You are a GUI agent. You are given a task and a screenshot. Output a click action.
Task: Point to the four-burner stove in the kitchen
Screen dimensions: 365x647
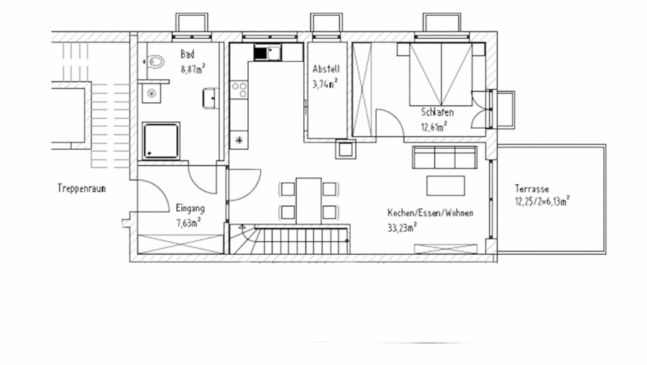tap(239, 90)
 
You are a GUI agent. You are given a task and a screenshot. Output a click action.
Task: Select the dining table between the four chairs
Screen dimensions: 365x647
tap(308, 199)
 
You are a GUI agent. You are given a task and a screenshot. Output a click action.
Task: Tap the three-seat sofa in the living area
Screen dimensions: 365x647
tap(444, 156)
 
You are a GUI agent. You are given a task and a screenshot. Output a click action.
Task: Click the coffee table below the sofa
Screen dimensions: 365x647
tap(446, 186)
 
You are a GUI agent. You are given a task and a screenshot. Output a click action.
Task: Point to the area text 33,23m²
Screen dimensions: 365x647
tap(403, 227)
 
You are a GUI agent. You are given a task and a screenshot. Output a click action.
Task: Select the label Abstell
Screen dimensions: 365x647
tap(325, 69)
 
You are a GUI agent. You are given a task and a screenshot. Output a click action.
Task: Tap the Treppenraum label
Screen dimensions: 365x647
tap(83, 188)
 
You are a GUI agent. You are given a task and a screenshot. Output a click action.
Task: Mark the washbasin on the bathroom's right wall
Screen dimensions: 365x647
tap(209, 97)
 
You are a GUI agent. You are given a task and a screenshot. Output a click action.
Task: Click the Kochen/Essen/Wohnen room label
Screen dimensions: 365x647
tap(429, 213)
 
